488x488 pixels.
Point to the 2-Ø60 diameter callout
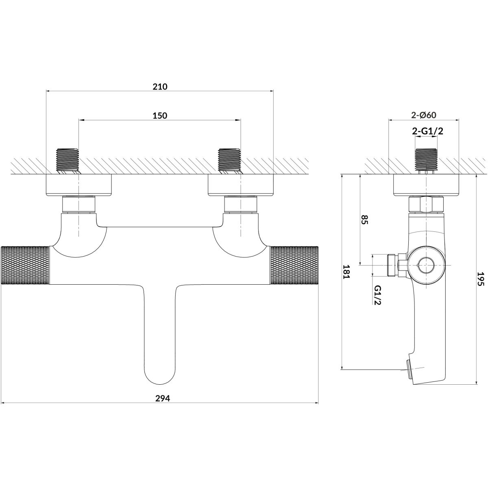coord(424,115)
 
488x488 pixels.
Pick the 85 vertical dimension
coord(364,220)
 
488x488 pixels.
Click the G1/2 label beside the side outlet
coord(377,294)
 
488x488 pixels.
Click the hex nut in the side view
coord(425,205)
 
